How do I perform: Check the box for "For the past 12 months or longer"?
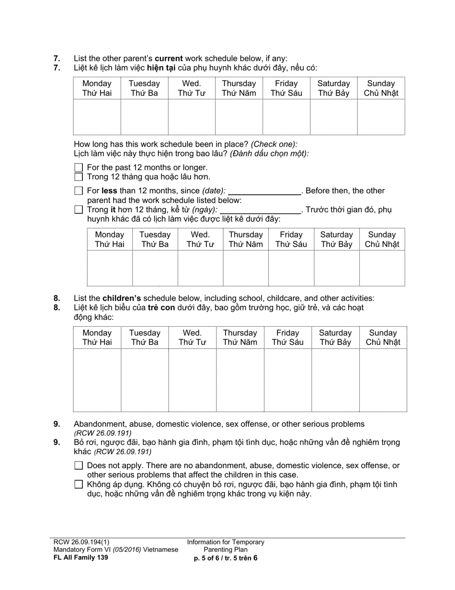tap(79, 167)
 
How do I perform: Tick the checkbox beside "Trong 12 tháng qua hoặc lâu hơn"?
tap(79, 177)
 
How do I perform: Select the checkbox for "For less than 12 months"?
tap(79, 191)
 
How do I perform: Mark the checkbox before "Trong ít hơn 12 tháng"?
tap(79, 210)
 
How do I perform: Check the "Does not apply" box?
tap(79, 465)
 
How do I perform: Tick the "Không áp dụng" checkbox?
tap(79, 484)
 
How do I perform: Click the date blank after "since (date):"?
tap(264, 191)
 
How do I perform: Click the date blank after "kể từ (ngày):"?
tap(260, 210)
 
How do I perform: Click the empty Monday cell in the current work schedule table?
tap(97, 117)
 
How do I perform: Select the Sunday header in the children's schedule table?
tap(383, 338)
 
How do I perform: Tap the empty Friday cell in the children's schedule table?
tap(287, 380)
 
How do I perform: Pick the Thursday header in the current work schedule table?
tap(239, 88)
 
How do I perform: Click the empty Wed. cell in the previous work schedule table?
tap(200, 268)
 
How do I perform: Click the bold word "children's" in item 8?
tap(122, 298)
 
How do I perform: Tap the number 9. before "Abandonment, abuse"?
tap(57, 424)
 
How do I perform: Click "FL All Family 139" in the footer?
tap(80, 557)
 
